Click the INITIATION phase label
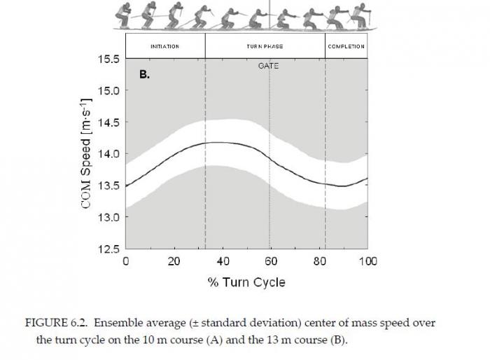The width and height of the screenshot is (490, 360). tap(165, 46)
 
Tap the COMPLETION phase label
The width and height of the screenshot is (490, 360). tap(346, 46)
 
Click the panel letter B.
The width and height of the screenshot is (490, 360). tap(145, 73)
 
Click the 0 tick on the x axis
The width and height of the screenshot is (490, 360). tap(126, 261)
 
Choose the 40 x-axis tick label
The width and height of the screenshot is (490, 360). tap(223, 261)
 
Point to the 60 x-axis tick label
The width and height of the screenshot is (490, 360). tap(271, 261)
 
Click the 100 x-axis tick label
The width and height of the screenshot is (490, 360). tap(367, 261)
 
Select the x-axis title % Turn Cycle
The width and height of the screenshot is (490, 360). tap(246, 282)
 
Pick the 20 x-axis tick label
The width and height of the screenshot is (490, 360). tap(174, 261)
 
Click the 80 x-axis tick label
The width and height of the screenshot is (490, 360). tap(319, 261)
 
